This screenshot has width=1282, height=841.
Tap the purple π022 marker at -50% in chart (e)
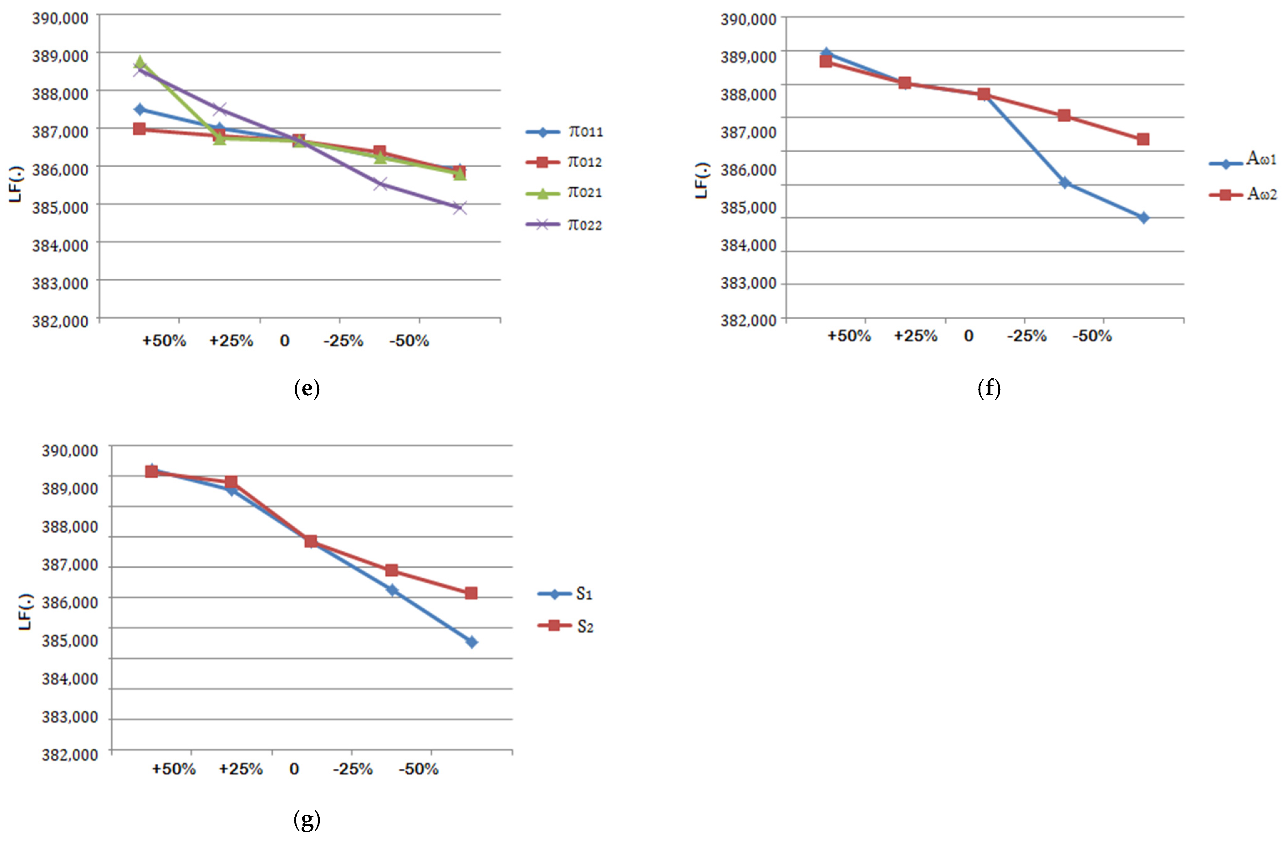point(460,208)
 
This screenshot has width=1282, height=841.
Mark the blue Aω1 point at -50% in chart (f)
point(1143,217)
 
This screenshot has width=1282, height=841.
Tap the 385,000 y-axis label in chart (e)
point(60,207)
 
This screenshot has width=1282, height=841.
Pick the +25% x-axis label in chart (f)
point(916,336)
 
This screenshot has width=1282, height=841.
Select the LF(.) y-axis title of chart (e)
point(16,184)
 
